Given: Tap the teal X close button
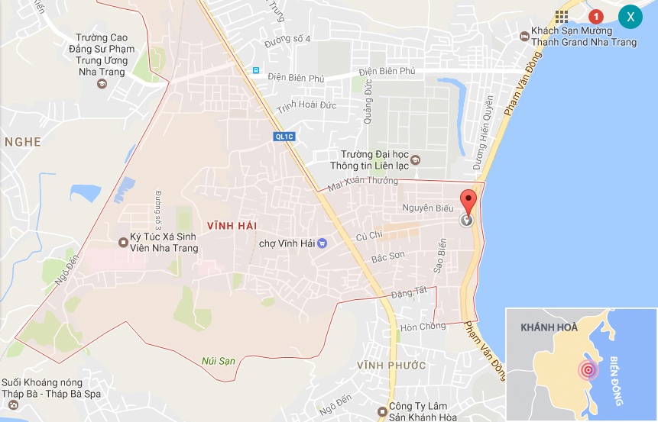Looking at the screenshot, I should [630, 16].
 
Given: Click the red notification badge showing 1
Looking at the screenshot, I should [595, 16].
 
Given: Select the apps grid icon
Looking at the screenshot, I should [562, 16].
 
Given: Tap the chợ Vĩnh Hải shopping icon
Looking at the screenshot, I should [322, 243].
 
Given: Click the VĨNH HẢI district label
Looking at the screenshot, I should [231, 225].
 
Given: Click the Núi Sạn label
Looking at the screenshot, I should [219, 360].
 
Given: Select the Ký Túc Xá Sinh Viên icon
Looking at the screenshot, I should [124, 243].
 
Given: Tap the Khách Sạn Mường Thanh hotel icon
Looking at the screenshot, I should [524, 36].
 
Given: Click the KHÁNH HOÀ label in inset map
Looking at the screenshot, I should [548, 327].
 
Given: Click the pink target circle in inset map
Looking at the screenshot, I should [588, 371].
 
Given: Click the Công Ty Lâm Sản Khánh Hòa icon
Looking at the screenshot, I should [380, 411].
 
